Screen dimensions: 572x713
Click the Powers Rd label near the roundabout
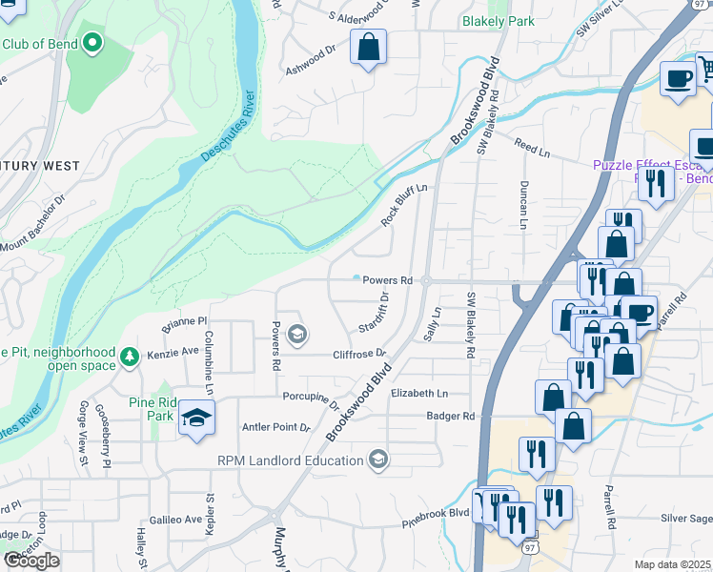click(386, 281)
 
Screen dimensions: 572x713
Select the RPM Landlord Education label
click(292, 461)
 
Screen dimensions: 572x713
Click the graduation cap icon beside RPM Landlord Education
click(378, 461)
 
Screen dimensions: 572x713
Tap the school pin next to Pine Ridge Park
click(197, 418)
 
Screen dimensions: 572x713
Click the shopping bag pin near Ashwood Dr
click(368, 47)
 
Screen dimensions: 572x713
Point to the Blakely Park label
click(499, 20)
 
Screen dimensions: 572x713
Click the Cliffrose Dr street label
click(358, 354)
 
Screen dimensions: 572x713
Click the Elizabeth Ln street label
click(419, 393)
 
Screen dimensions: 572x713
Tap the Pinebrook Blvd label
click(436, 513)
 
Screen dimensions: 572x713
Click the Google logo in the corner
click(31, 561)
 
